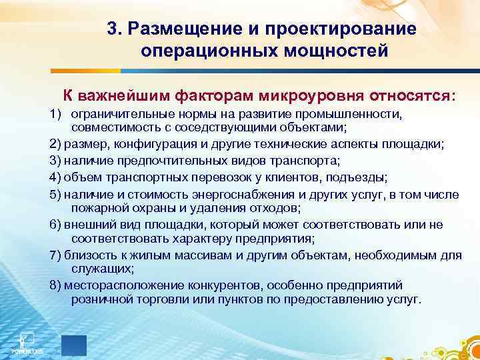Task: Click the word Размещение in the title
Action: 179,30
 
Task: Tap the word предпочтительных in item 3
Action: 159,161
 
